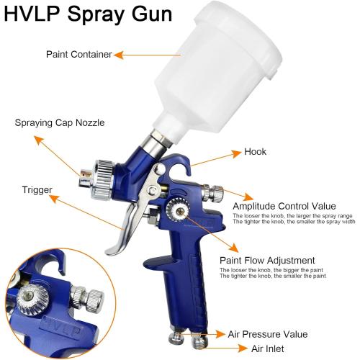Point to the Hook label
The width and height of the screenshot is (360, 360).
click(x=256, y=152)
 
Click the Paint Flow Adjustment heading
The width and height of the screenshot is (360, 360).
click(x=267, y=260)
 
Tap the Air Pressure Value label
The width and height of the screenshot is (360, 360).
click(x=269, y=334)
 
